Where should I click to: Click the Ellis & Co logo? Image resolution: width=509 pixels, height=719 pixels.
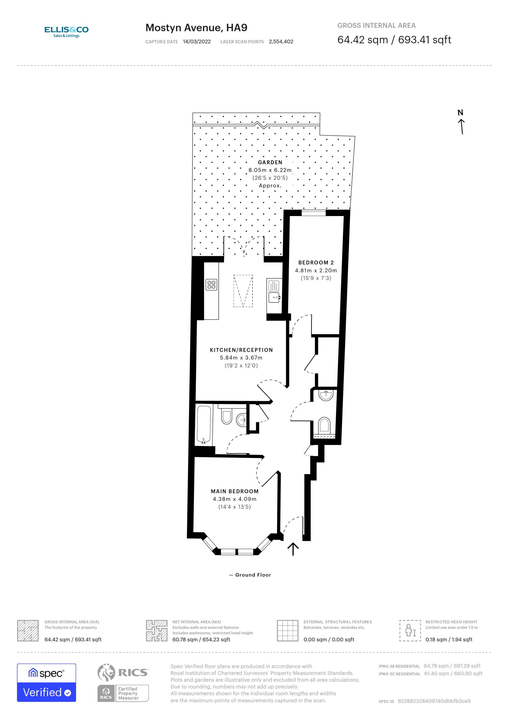click(66, 32)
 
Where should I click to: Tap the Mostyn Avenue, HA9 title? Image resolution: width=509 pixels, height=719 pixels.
click(196, 28)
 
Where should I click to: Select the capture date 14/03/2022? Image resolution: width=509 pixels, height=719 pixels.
click(197, 42)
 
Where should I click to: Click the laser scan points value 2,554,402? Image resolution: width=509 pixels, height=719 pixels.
click(281, 42)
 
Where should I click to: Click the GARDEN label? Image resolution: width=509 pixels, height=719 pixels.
click(270, 162)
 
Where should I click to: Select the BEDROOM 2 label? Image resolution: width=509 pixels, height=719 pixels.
click(316, 263)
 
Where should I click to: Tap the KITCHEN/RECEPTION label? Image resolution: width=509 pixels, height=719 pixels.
click(241, 350)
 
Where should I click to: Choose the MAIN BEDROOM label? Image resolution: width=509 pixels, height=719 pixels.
click(235, 491)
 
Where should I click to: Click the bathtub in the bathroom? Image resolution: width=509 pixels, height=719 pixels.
click(204, 425)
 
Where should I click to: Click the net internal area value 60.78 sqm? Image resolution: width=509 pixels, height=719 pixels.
click(201, 639)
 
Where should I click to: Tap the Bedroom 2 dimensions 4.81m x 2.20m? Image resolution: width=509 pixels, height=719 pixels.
click(316, 270)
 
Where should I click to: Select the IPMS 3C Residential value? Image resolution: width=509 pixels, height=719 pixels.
click(453, 673)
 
